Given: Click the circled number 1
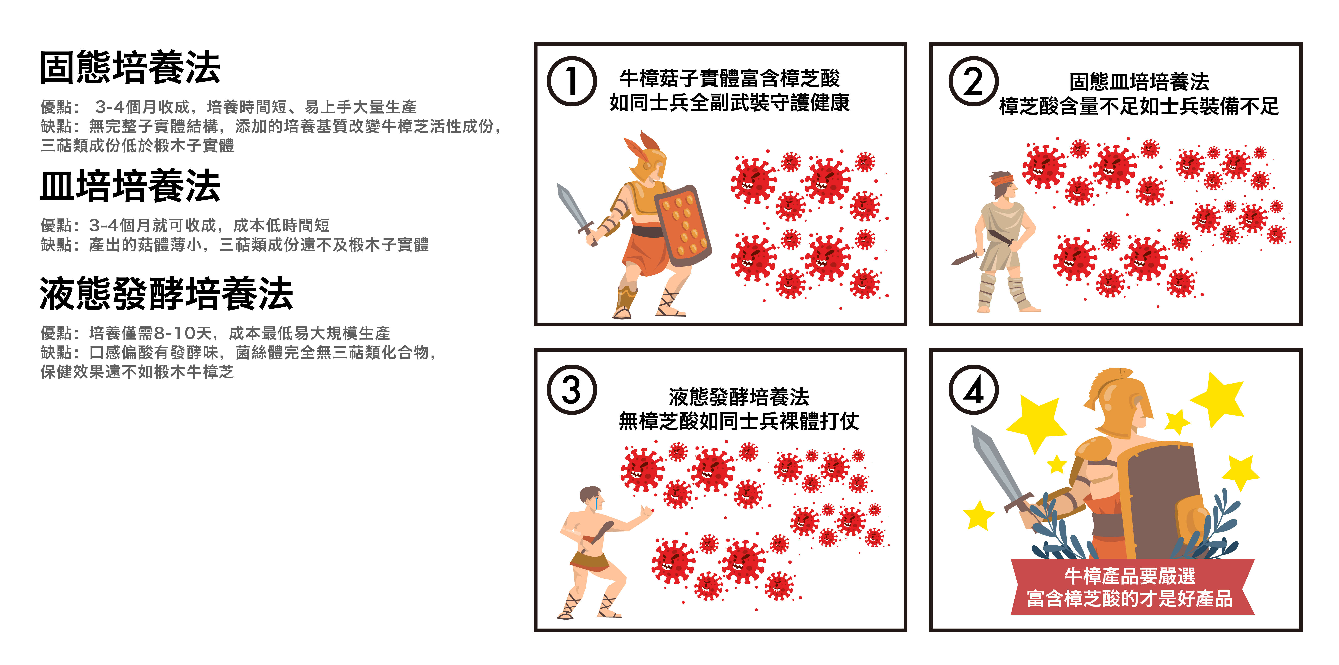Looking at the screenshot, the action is [572, 82].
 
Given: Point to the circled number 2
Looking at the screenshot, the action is [974, 82].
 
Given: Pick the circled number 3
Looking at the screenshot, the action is [572, 390].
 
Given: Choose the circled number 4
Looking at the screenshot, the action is [974, 390].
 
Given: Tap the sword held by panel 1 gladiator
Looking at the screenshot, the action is [576, 213].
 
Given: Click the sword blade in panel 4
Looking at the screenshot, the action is [997, 463].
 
